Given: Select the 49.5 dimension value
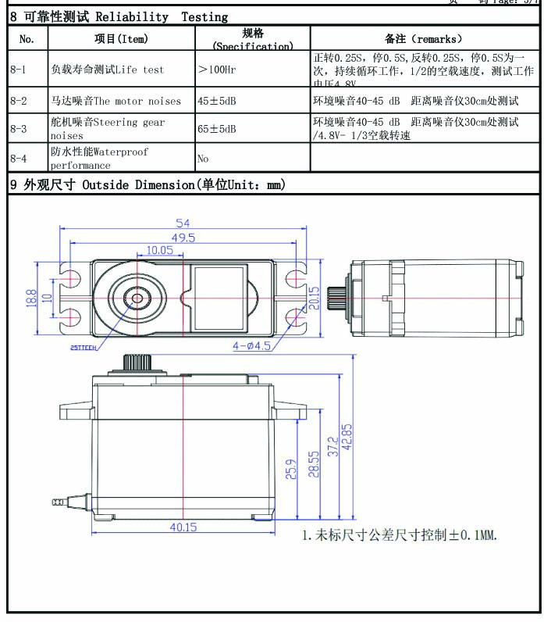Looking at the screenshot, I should [183, 238].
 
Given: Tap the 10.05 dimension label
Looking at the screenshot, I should [159, 250].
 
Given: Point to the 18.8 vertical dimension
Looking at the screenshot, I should [31, 298].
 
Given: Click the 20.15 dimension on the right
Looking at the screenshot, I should [315, 297].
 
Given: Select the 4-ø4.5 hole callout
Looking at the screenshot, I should [251, 345].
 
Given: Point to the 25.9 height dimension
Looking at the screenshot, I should [291, 469].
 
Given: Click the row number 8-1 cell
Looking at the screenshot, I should [18, 70].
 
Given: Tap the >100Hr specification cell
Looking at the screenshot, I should [219, 70].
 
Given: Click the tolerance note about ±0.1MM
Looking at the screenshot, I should [400, 535].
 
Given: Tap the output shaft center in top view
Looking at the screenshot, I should [137, 298].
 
